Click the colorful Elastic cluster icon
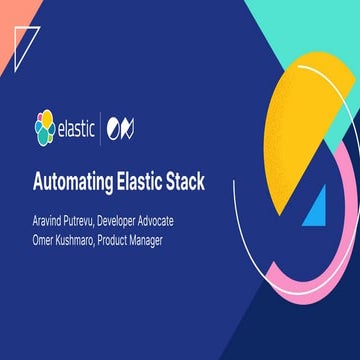pos(46,129)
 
